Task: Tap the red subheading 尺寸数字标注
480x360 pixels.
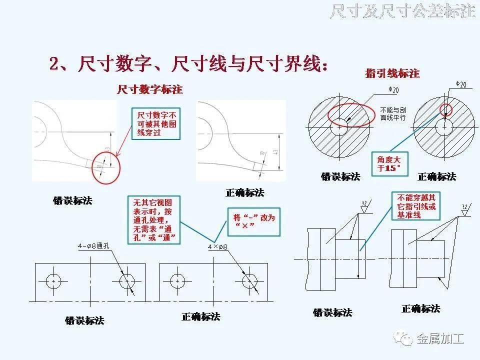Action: (149, 89)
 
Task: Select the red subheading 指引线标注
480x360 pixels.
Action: (392, 74)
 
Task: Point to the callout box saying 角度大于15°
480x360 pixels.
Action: (389, 163)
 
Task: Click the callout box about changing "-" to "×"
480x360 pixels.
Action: (254, 221)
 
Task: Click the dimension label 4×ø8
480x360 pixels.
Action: (217, 247)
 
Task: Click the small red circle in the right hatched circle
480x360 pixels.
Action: (445, 109)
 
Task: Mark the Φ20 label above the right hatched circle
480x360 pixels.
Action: (461, 85)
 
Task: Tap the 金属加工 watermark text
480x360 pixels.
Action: (440, 339)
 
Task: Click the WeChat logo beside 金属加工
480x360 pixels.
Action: (403, 339)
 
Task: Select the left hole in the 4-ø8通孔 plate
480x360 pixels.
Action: (53, 281)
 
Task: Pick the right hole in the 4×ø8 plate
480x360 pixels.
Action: (249, 281)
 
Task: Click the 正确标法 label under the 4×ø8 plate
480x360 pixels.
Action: (200, 316)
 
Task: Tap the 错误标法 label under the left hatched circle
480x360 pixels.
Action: (340, 176)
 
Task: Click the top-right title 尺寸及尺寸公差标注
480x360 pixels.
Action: (402, 11)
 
